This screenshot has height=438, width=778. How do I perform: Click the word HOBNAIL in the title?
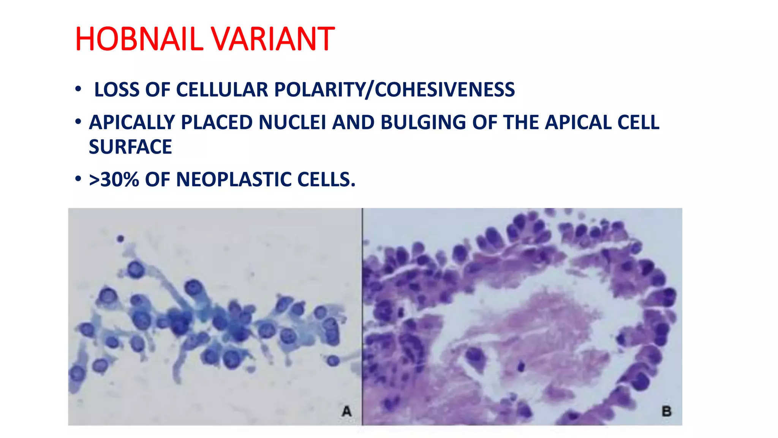139,39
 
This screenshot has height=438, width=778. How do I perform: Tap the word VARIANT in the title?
272,39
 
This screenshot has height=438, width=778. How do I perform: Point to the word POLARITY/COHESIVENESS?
394,90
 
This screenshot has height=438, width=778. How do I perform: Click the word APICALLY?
132,122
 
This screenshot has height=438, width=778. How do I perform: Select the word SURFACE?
130,147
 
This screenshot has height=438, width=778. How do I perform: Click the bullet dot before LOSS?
78,89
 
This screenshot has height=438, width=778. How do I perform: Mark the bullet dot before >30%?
78,178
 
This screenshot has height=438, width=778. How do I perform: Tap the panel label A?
346,411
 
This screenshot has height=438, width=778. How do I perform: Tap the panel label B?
666,411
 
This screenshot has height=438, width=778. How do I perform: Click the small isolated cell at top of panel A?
120,239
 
